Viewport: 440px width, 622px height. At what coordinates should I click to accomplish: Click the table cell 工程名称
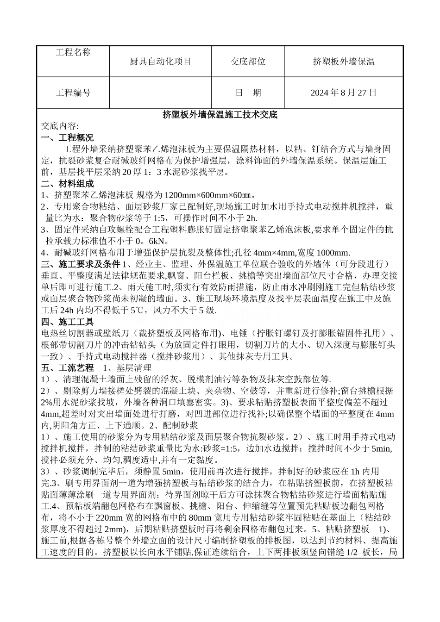click(73, 52)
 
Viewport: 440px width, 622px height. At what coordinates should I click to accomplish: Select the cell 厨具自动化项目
click(160, 62)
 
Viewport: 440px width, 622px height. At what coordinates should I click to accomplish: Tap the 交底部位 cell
click(248, 62)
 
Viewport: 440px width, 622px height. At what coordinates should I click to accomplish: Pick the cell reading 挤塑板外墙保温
click(344, 62)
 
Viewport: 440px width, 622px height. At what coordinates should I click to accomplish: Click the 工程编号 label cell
click(73, 93)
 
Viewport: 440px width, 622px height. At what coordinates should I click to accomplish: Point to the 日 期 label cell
click(248, 93)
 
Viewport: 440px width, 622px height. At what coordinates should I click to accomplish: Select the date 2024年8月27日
click(344, 93)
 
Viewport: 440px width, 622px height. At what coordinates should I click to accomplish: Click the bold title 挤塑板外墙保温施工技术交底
click(220, 115)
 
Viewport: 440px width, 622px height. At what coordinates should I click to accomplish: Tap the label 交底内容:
click(60, 126)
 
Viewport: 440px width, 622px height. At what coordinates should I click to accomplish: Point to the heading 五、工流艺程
click(67, 368)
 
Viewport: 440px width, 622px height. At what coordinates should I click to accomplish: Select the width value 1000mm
click(333, 253)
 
